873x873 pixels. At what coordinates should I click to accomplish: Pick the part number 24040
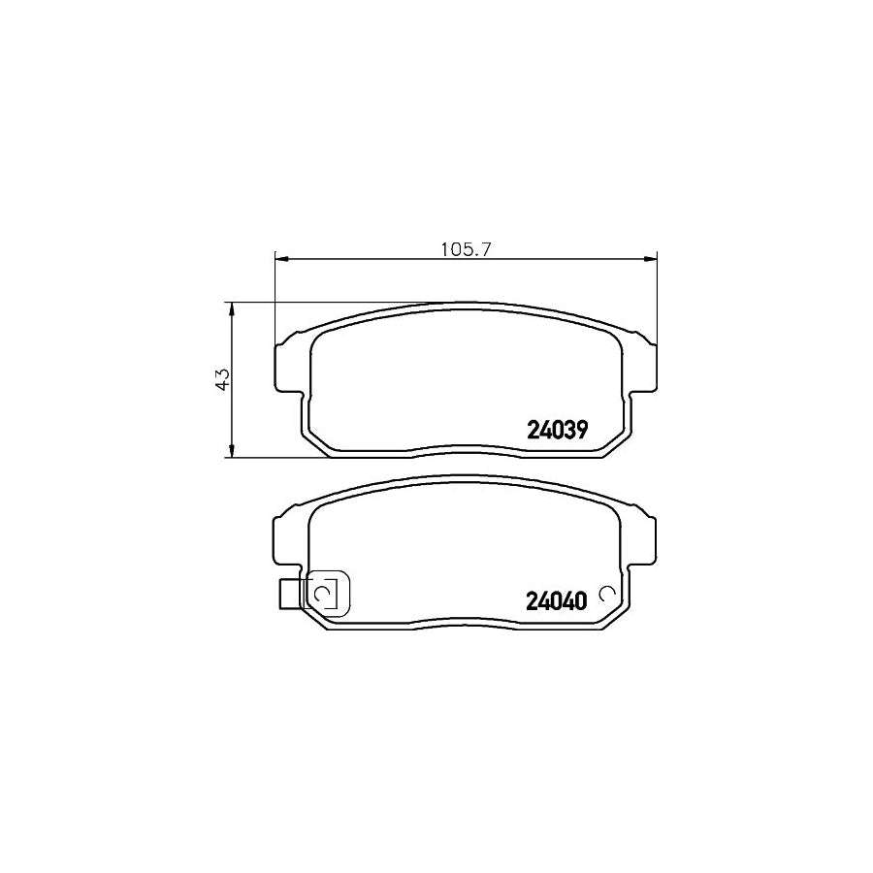(x=557, y=600)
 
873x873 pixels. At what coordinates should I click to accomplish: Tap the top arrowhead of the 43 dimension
(x=231, y=308)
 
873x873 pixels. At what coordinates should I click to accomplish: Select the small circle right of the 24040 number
(x=608, y=594)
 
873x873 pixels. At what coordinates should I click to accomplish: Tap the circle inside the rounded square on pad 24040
(x=325, y=593)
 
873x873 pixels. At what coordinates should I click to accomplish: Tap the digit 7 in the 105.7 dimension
(x=489, y=249)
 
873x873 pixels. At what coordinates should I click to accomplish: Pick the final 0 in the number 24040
(x=581, y=600)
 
